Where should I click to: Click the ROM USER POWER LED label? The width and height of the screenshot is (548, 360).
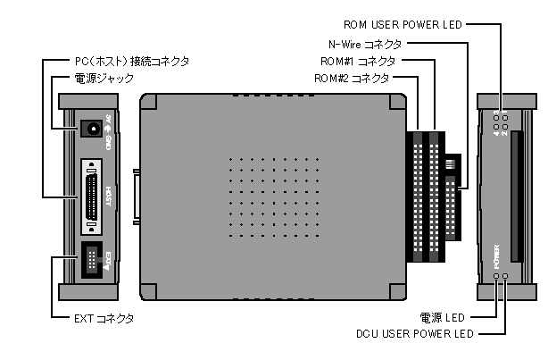(402, 24)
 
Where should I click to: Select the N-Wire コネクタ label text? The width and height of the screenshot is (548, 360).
(360, 43)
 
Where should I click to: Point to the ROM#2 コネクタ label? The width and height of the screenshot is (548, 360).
(351, 79)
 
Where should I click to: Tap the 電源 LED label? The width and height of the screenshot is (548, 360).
(441, 317)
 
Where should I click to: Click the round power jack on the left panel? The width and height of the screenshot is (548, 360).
(88, 128)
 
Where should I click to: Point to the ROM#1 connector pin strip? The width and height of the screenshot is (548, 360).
(435, 197)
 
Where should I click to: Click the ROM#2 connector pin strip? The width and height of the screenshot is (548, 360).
(416, 197)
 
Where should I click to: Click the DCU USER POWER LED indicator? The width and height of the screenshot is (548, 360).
(506, 277)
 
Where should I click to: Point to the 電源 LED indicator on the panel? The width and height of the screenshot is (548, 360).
(496, 277)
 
